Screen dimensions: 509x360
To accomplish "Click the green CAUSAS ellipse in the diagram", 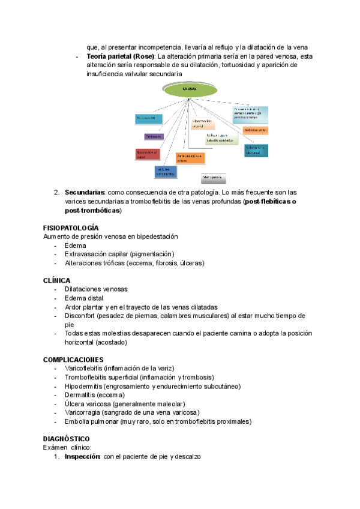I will [190, 89].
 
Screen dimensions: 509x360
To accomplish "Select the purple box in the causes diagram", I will [154, 137].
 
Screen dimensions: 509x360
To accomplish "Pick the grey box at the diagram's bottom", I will [214, 178].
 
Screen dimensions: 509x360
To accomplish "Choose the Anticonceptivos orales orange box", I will [190, 158].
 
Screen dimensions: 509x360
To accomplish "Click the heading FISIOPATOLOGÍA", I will [71, 228].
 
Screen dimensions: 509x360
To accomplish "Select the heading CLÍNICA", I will [57, 280].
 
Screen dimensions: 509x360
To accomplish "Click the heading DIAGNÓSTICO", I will [67, 439].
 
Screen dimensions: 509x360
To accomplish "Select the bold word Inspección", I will [83, 457].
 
